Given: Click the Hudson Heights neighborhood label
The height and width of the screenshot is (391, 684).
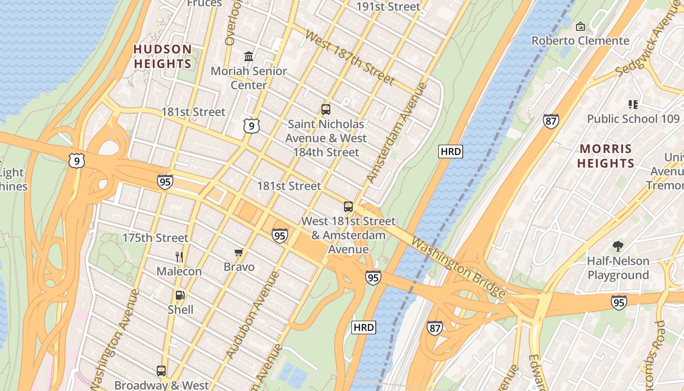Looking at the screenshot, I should pos(163,56).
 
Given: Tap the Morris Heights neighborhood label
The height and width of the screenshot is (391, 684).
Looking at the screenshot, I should pos(605,156).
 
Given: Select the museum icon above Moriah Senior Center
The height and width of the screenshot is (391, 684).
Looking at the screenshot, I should pos(249,56).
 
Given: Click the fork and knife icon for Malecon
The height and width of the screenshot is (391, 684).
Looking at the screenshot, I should pos(179,257).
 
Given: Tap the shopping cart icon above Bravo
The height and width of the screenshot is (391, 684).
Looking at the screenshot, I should pos(239,252).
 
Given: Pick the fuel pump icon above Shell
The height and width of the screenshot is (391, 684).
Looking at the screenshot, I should pos(180,295).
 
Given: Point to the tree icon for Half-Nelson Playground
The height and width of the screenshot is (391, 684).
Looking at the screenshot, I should pos(618,246).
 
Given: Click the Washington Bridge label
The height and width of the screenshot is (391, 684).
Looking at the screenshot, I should pos(458,267).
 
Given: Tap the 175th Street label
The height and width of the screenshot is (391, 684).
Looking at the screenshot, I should pos(155,238).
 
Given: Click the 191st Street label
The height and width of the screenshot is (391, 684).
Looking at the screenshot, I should pos(388,6).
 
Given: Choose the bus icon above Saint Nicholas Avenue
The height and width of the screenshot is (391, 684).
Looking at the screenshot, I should pos(325,109).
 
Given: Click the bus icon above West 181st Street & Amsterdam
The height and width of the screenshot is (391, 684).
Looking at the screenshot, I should pos(348,207).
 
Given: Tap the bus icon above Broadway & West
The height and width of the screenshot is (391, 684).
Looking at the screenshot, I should pos(161,371).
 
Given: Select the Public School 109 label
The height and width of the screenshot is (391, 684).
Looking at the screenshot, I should pos(633,119).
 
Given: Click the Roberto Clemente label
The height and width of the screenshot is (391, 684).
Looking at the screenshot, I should pos(580,41).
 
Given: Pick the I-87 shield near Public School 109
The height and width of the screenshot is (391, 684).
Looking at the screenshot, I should pos(551,121).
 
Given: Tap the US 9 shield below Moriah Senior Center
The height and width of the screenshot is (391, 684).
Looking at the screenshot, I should pos(251,127).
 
